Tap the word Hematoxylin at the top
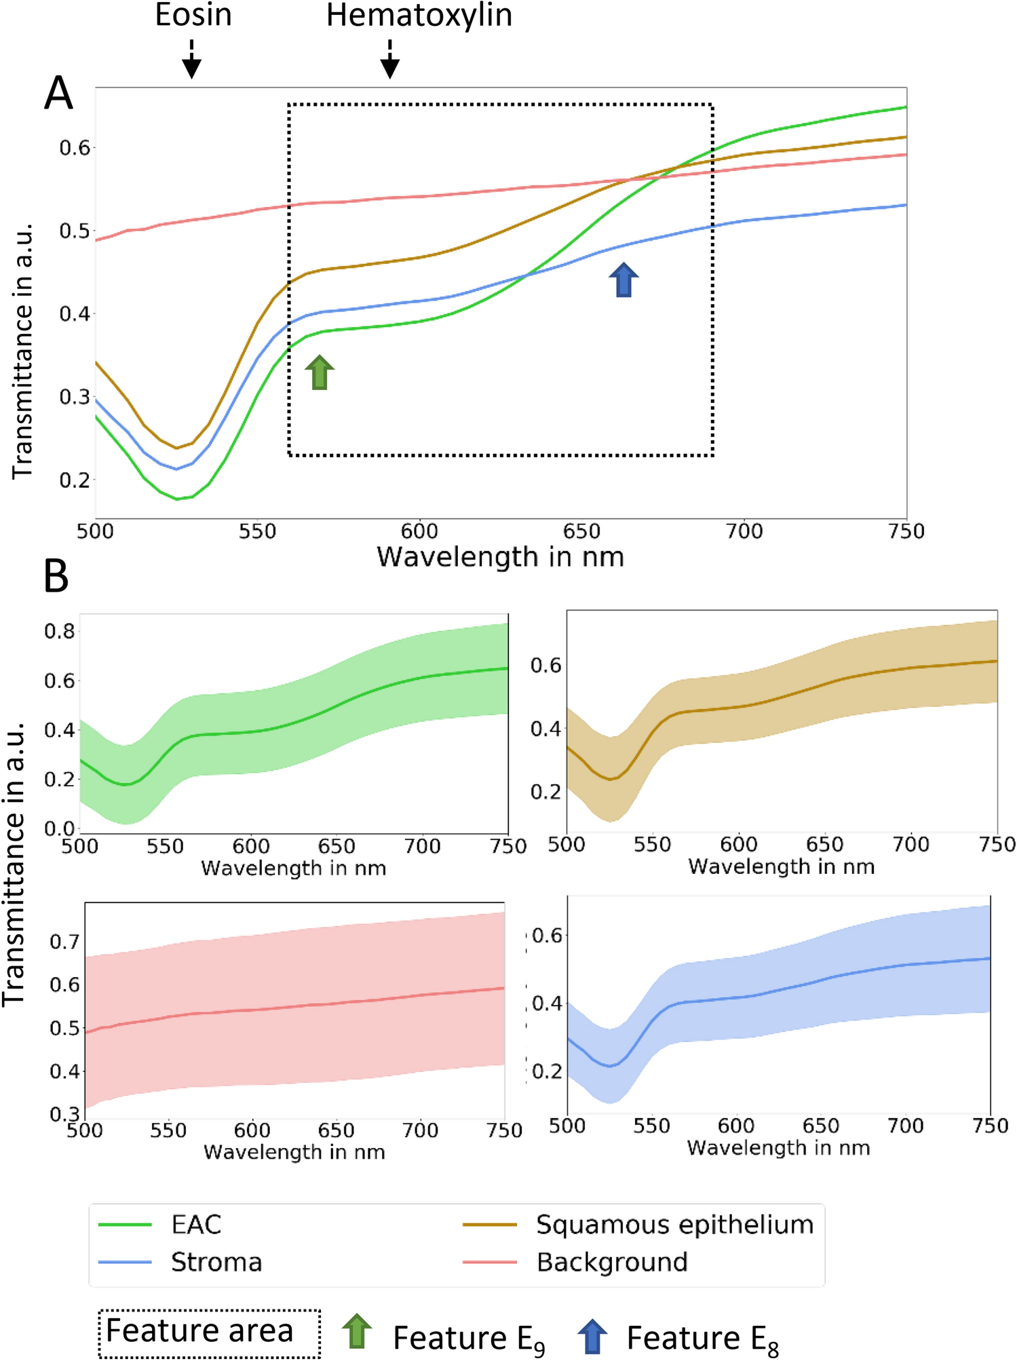point(419,15)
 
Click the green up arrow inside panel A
point(320,372)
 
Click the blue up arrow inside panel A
point(623,280)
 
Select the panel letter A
point(58,94)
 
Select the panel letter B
point(56,577)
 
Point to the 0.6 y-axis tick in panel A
point(75,148)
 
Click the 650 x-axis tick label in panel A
point(581,531)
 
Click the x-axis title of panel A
point(500,557)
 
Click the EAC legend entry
point(195,1225)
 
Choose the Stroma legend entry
point(216,1262)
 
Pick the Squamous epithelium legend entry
point(674,1225)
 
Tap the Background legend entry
point(611,1262)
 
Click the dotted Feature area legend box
point(210,1333)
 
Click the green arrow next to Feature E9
point(357,1331)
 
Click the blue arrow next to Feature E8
point(592,1336)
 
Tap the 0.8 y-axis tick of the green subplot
point(59,632)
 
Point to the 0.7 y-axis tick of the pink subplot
point(64,942)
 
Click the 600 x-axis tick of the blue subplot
point(735,1126)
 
